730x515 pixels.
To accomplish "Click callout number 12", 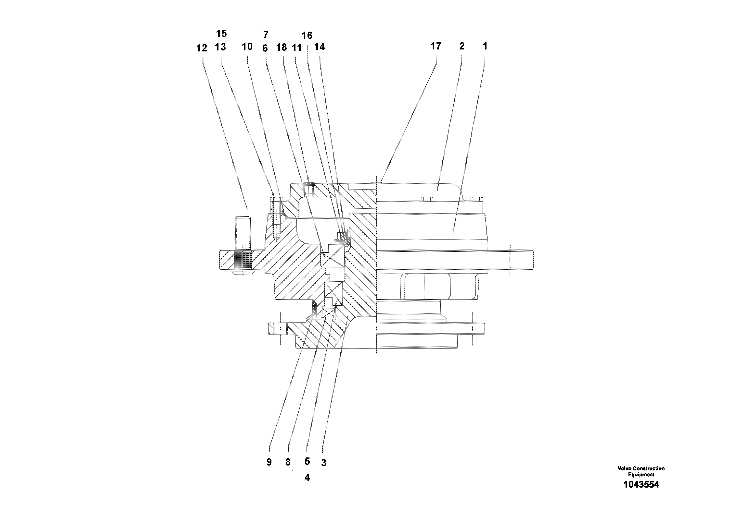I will (202, 48).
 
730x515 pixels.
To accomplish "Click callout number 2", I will (462, 46).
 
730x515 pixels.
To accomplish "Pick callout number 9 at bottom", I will (269, 462).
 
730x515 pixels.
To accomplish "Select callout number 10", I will (247, 47).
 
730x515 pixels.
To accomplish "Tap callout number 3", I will (323, 463).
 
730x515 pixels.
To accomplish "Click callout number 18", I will (281, 48).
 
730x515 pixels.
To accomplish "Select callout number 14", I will (320, 47).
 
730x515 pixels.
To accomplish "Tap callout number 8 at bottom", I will (288, 462).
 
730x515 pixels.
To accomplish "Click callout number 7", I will (266, 34).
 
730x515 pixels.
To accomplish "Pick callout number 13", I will (220, 47).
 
